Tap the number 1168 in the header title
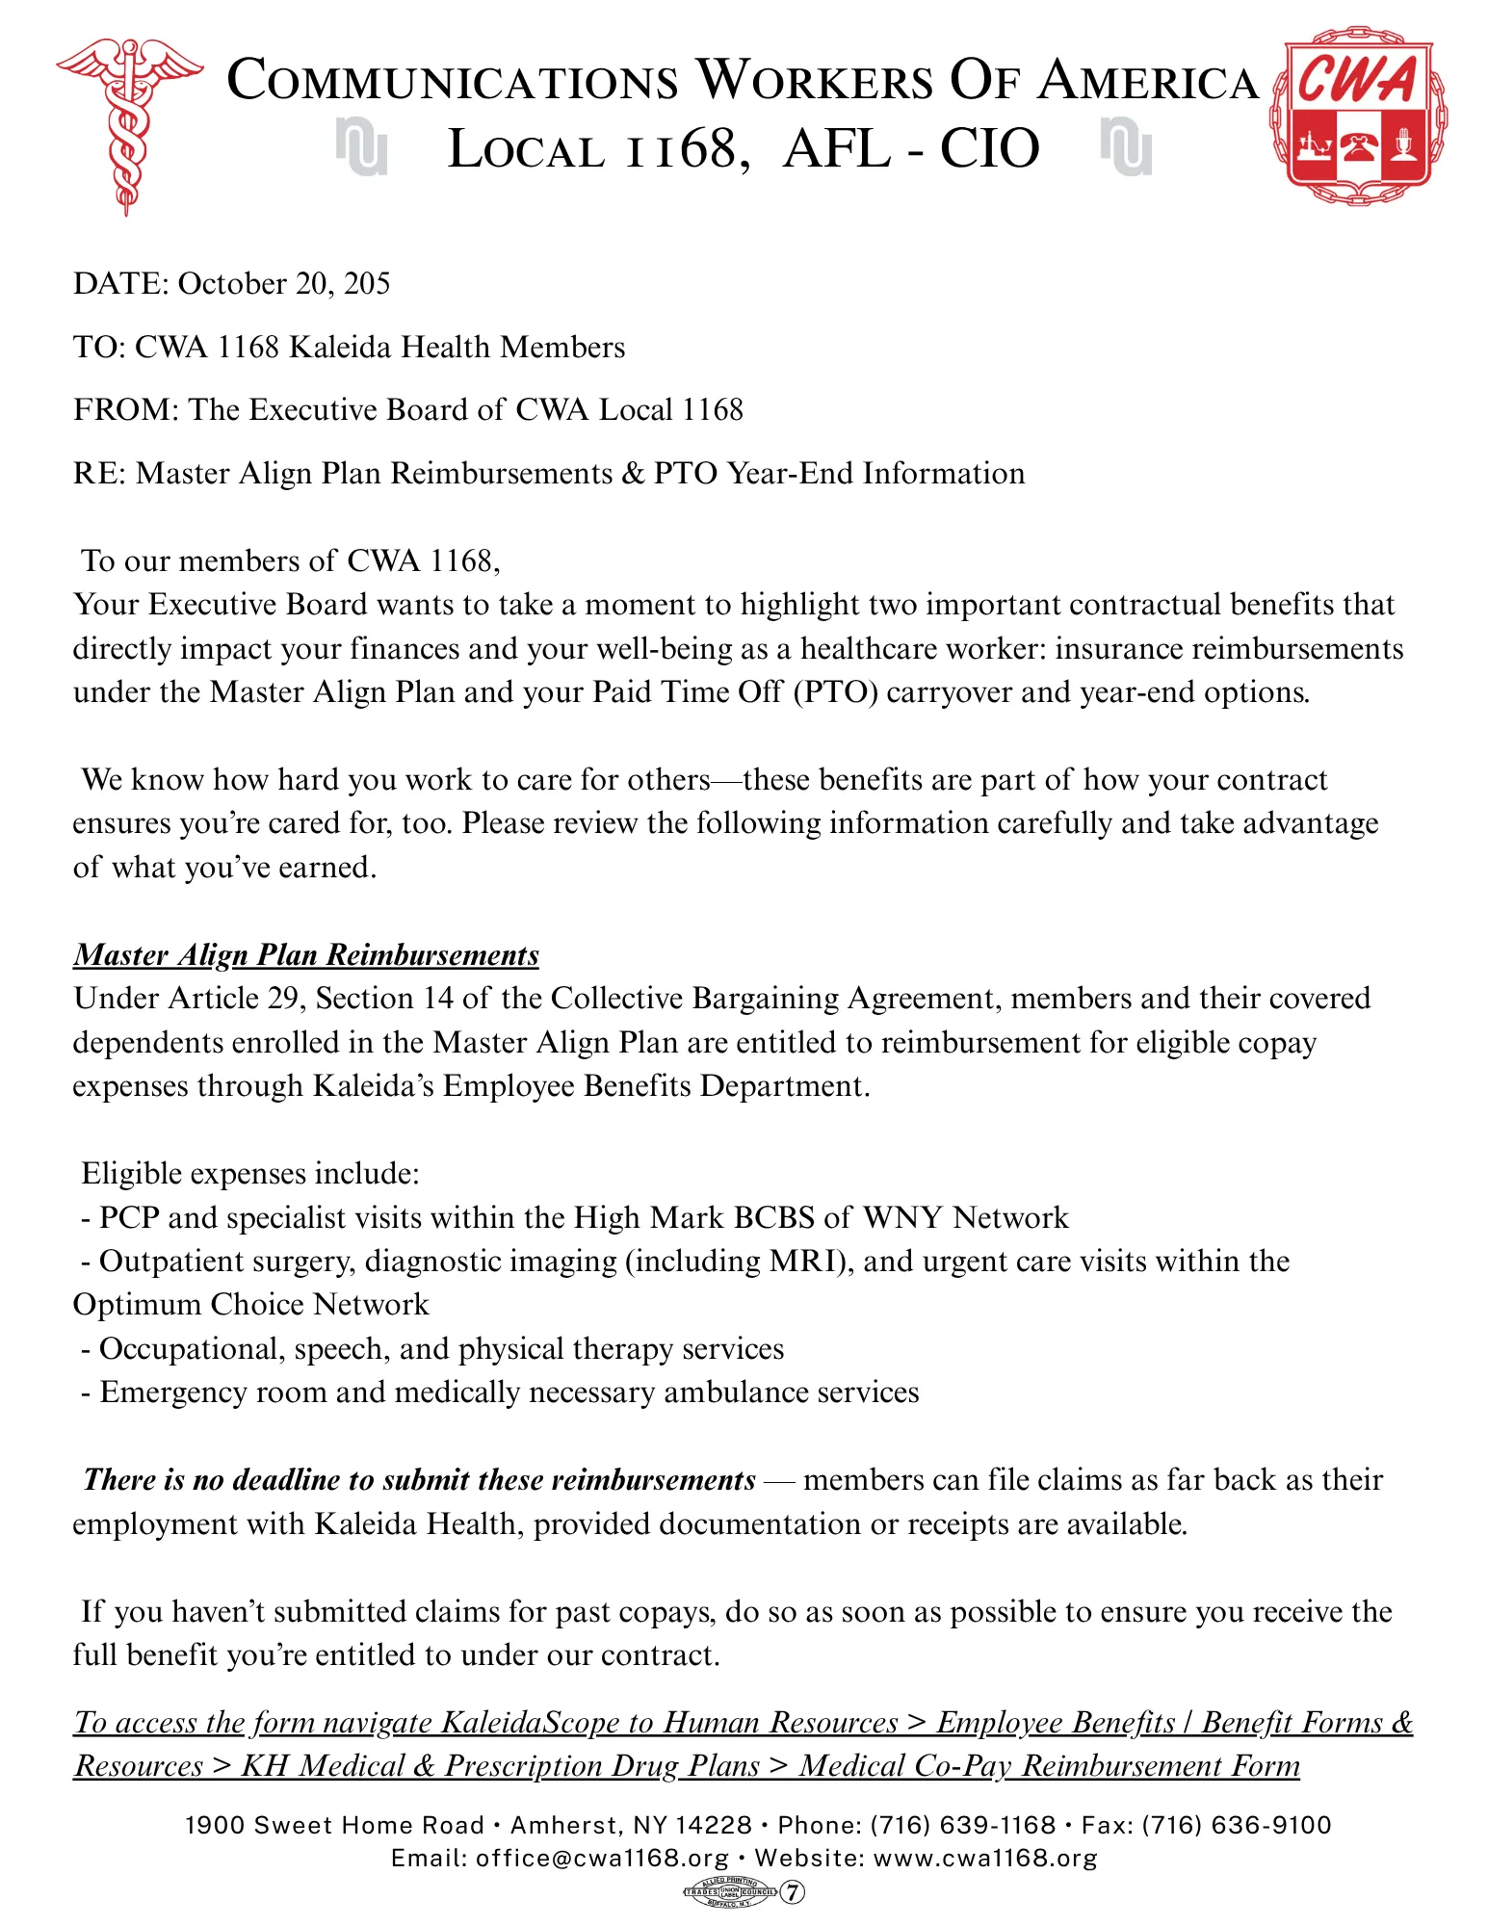[679, 150]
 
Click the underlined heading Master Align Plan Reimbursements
[306, 954]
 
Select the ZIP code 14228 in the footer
[714, 1826]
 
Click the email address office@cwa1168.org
[602, 1859]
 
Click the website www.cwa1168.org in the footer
[985, 1859]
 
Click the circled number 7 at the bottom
[792, 1892]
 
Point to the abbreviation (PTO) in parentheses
[835, 692]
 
